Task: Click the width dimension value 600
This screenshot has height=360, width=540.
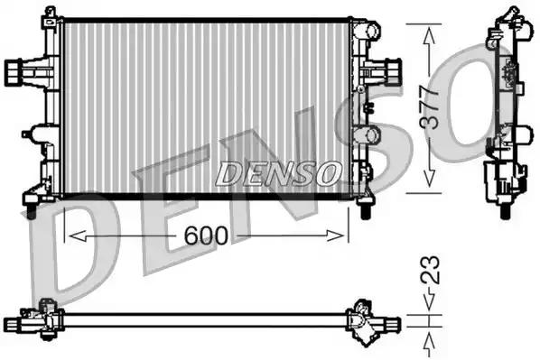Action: point(206,235)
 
